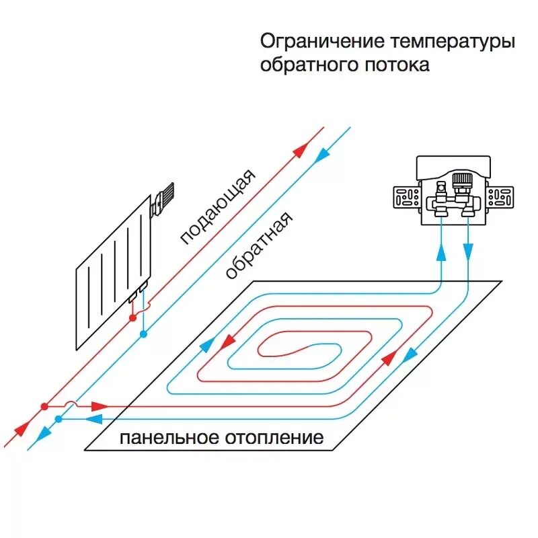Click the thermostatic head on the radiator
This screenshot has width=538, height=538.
[163, 198]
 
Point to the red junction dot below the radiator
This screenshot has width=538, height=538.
[133, 316]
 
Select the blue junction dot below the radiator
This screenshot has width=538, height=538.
[143, 333]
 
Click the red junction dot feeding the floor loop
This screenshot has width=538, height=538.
[44, 406]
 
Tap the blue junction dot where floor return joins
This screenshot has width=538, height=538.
[59, 419]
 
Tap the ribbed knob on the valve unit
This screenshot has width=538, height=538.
[461, 180]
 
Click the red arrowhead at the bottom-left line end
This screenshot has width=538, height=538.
[18, 429]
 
